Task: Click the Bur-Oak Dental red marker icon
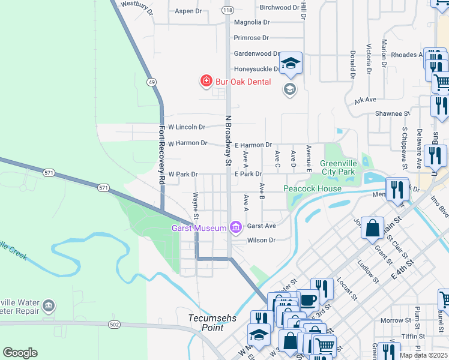(206, 80)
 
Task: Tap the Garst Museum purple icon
(235, 227)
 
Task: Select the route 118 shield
(228, 10)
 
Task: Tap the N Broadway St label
(228, 140)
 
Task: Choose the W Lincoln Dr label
(187, 127)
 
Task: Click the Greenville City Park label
(338, 167)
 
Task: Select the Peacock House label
(312, 188)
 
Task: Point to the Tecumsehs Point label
(206, 323)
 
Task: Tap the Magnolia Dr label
(252, 22)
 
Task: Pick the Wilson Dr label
(261, 240)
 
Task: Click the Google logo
(20, 353)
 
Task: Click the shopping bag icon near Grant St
(372, 228)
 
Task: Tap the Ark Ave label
(365, 100)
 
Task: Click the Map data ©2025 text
(423, 355)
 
